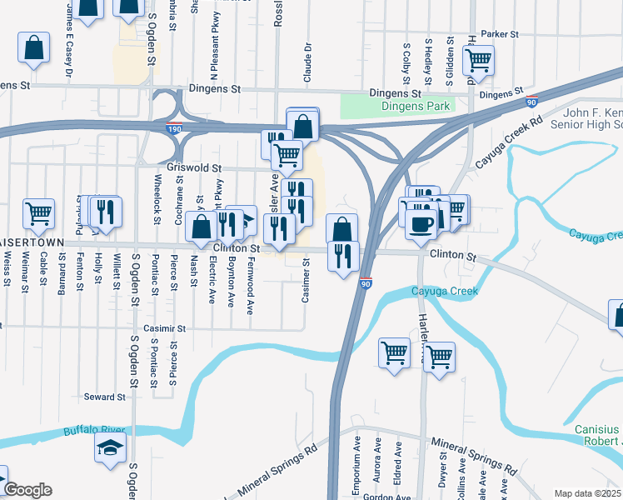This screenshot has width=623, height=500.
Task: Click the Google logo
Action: pos(27,490)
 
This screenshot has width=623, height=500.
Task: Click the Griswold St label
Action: pos(192,167)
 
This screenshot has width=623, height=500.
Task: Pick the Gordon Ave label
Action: pos(391,497)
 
